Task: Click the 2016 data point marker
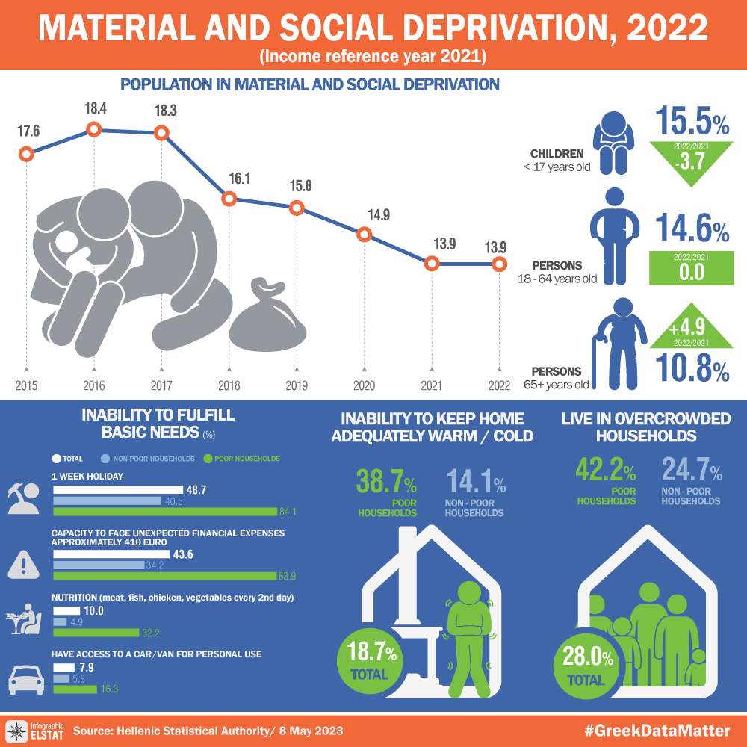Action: pos(94,129)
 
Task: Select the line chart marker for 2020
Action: pos(364,234)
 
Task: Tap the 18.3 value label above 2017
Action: pos(165,110)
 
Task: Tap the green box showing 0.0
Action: pos(692,267)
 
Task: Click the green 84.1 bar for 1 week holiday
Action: pos(164,512)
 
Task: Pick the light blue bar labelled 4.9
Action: pos(60,622)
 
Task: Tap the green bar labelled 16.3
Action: pos(74,689)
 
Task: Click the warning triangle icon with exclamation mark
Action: pos(23,564)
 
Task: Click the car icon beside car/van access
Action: pos(25,679)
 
